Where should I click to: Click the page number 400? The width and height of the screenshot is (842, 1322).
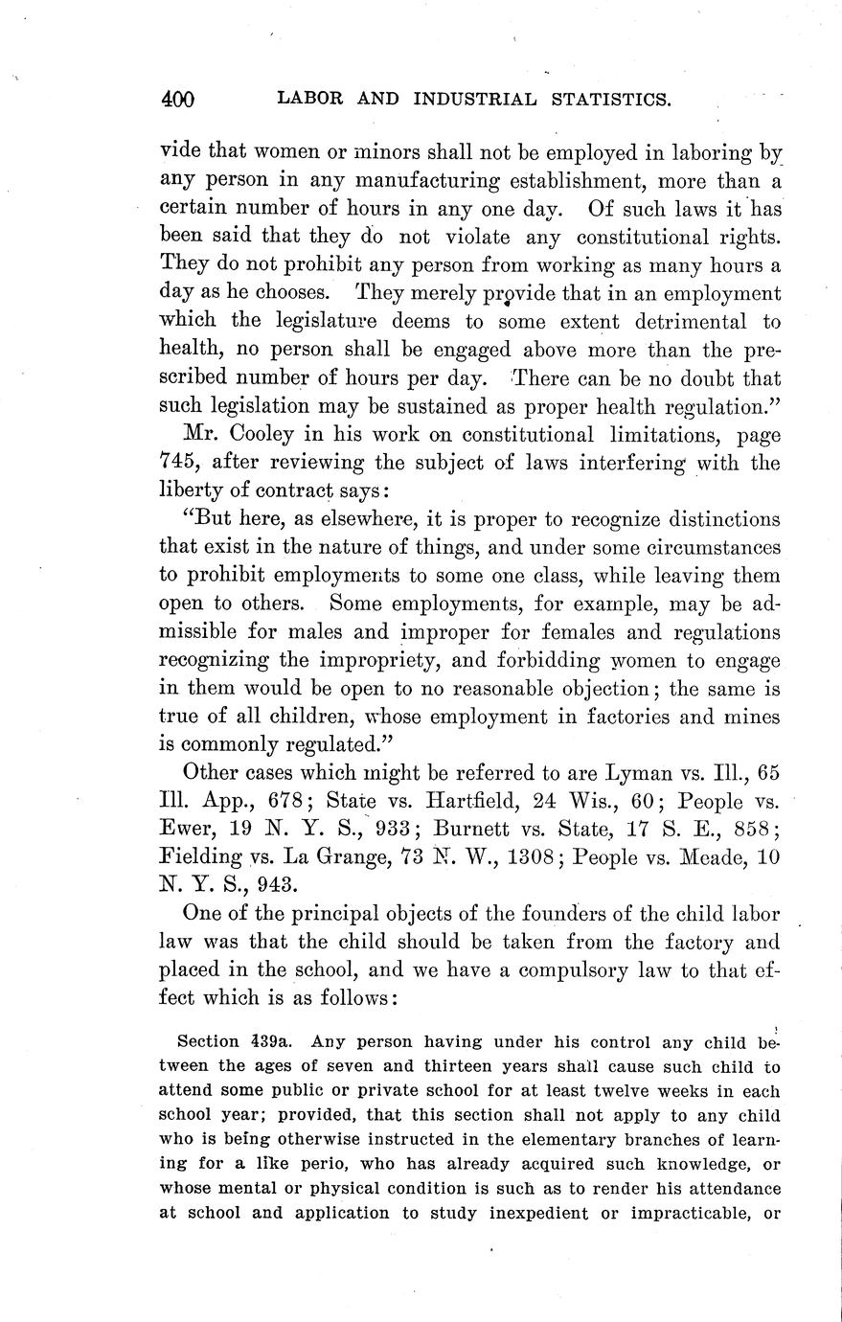(x=178, y=99)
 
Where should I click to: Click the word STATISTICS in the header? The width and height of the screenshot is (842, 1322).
(x=588, y=99)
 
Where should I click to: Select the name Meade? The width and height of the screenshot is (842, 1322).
(x=712, y=855)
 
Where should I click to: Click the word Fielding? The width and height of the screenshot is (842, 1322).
(x=199, y=855)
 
